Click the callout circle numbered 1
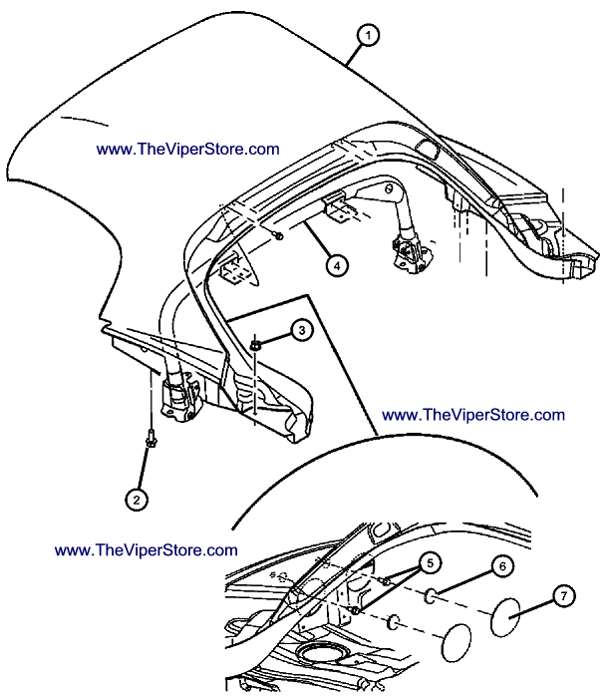368,35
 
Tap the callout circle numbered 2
137,500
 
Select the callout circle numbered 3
302,330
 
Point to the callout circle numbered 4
337,265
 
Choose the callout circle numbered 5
430,563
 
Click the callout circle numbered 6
502,566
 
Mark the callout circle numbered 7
564,596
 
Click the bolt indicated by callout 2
151,438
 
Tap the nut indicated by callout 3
255,345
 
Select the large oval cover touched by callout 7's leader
505,617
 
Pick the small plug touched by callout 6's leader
431,595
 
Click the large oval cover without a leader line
456,642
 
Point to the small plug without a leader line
393,621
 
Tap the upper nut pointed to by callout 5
385,580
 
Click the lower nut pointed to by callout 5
355,610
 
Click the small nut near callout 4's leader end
278,235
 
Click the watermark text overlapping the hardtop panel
188,150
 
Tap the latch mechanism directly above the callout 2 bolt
178,397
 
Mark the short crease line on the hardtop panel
85,121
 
